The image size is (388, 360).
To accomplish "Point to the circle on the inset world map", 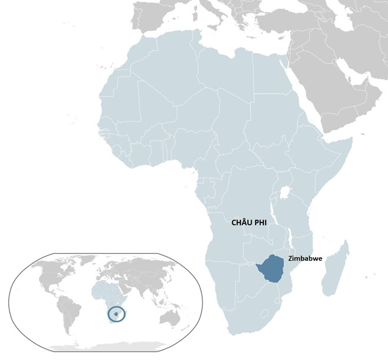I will click(118, 315).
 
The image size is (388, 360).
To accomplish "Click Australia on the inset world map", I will click(171, 318).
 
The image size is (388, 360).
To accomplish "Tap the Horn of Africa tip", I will click(351, 140).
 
